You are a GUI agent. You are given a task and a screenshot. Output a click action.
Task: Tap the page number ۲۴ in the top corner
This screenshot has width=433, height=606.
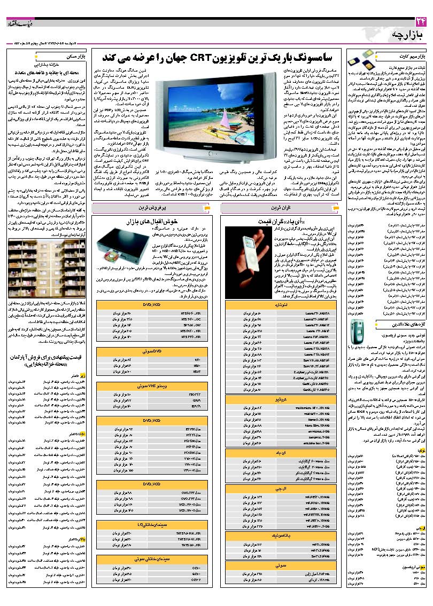pos(420,21)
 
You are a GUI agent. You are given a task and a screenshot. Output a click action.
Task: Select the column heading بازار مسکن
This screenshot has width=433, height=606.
pos(78,56)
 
